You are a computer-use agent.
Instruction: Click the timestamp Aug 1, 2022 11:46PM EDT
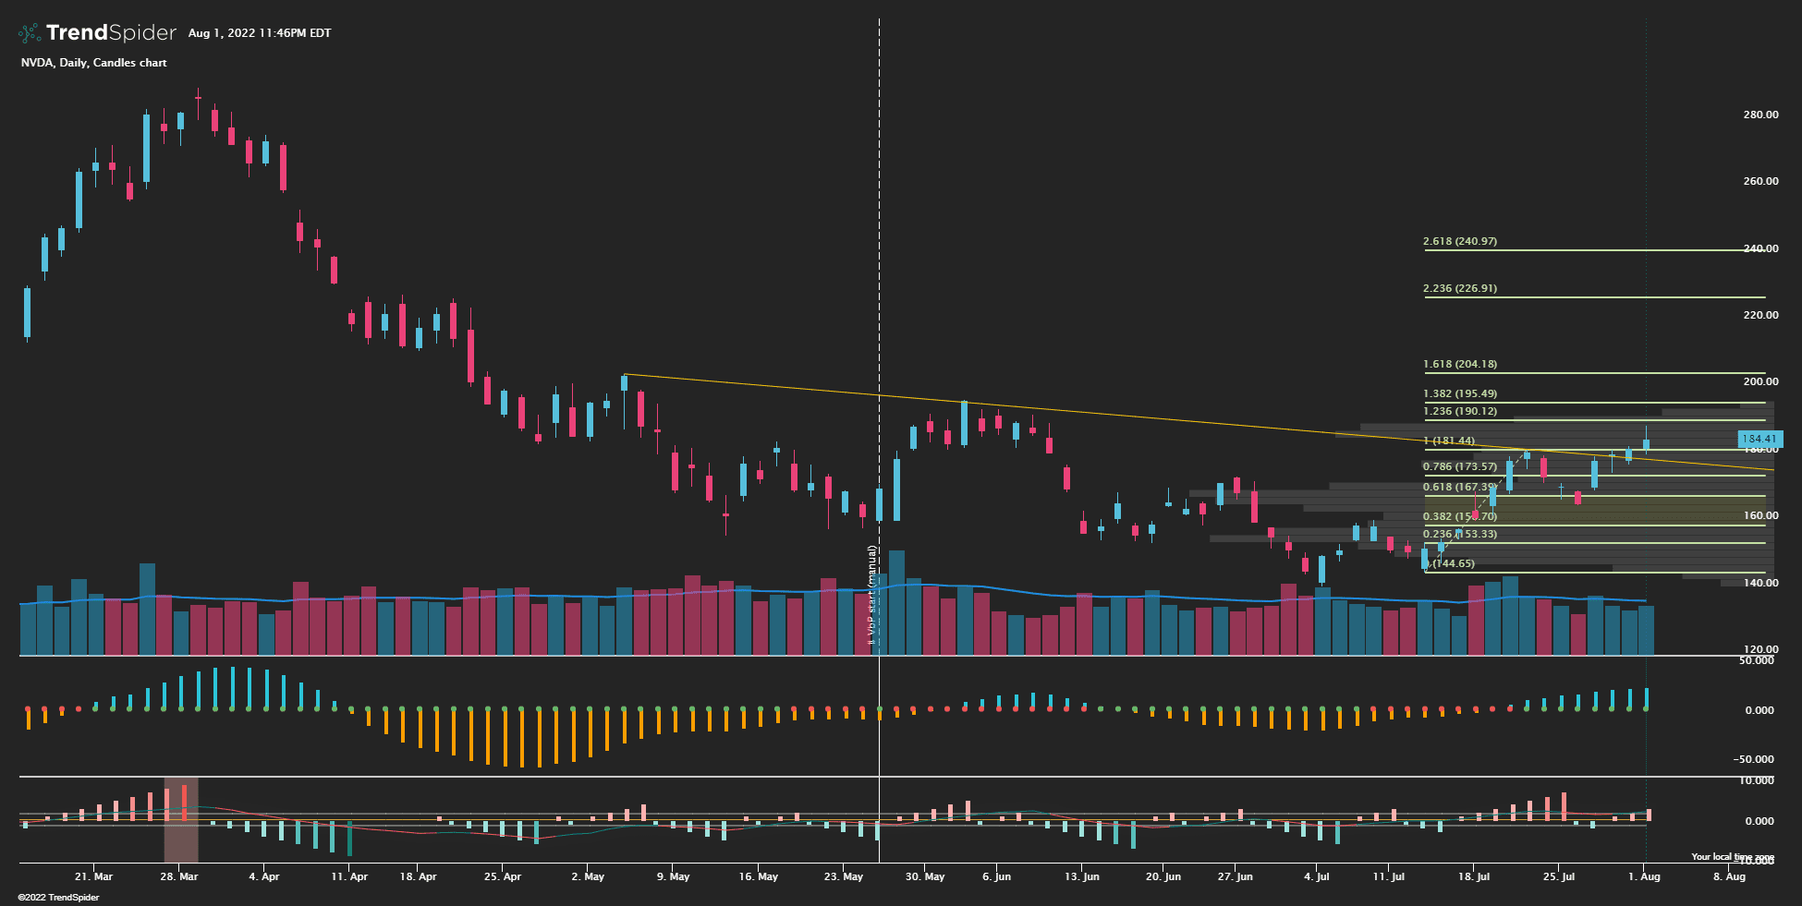point(260,33)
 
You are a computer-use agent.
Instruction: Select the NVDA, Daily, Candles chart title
point(94,63)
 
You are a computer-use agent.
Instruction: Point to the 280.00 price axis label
point(1760,115)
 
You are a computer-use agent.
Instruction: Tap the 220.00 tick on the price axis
point(1760,315)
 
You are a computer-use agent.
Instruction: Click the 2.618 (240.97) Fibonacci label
point(1460,241)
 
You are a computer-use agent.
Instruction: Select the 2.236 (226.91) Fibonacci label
point(1460,288)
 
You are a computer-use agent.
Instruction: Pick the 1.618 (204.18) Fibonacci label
point(1460,364)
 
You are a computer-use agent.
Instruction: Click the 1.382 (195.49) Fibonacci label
point(1460,393)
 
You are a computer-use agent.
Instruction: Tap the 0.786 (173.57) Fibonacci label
point(1460,466)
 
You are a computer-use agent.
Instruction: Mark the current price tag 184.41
point(1759,439)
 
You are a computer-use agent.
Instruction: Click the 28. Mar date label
point(178,876)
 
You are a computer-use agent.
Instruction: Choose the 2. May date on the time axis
point(588,876)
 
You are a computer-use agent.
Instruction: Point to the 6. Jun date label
point(997,876)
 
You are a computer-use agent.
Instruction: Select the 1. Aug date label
point(1644,876)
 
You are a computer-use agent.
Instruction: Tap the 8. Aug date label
point(1729,876)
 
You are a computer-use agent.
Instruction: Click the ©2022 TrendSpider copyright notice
point(58,898)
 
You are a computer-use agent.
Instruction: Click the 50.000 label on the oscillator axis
point(1756,660)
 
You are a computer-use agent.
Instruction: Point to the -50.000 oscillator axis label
point(1754,759)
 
